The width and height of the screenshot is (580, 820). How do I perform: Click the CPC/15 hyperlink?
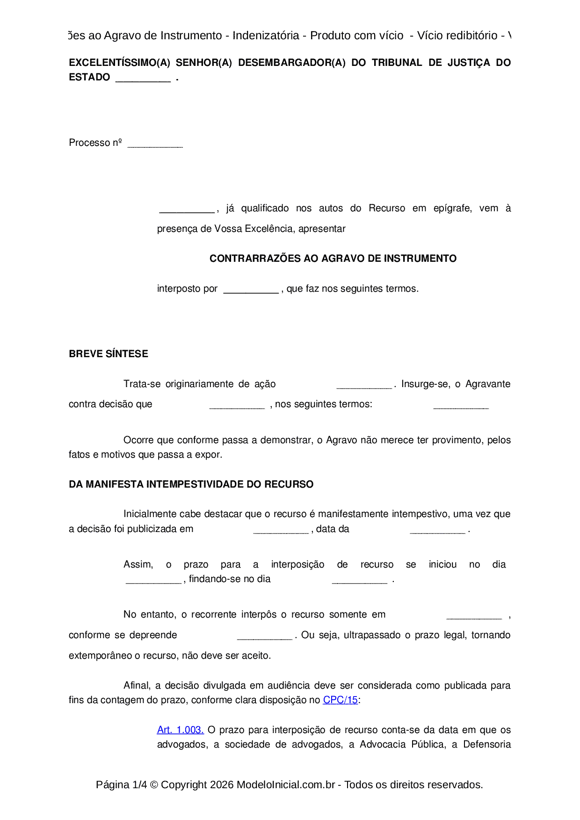click(340, 700)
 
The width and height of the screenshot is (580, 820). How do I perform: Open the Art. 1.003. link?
click(180, 730)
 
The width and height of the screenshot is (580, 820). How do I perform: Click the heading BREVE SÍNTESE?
click(109, 354)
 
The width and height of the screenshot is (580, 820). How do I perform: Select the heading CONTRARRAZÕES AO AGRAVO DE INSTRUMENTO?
click(333, 259)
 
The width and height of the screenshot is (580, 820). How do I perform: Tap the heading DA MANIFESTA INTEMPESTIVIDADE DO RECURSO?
click(191, 484)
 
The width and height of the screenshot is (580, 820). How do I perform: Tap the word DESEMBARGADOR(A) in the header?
click(291, 63)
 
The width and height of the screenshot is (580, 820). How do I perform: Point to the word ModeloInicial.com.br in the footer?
click(285, 784)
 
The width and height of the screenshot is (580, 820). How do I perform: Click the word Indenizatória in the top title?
click(266, 36)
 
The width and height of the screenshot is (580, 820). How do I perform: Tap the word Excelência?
click(254, 229)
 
